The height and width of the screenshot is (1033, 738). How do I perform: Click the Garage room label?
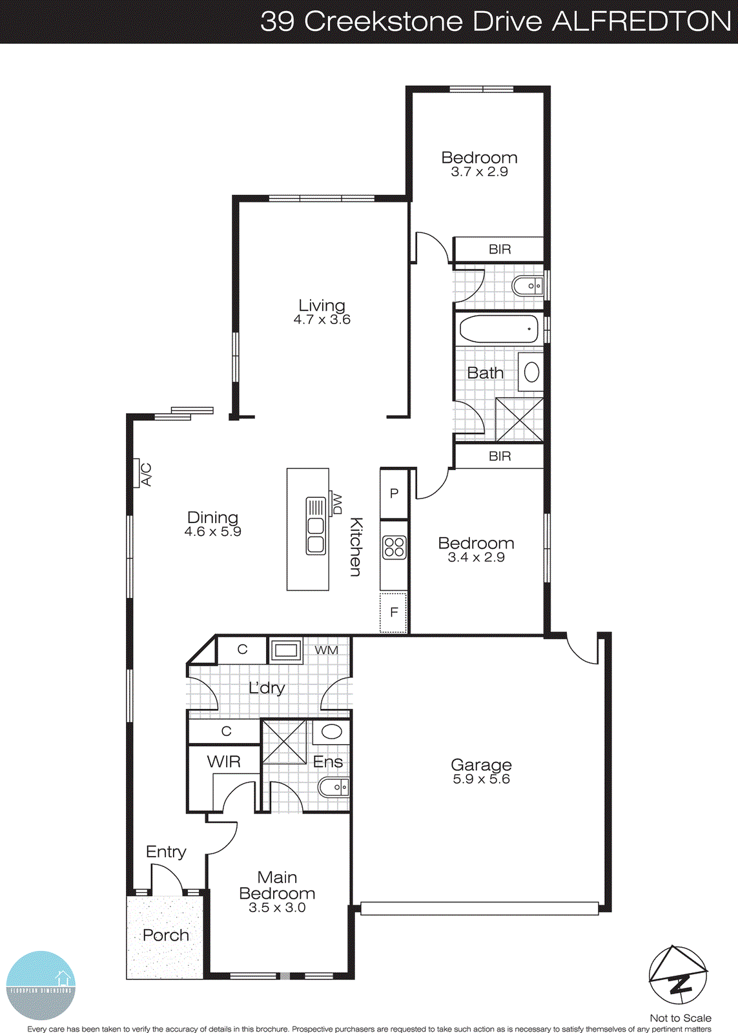coord(481,765)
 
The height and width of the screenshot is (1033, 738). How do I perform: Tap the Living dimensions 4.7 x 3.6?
coord(322,320)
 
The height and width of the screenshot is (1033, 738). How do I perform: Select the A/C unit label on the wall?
coord(146,475)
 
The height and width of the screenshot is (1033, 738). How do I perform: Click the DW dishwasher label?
coord(336,504)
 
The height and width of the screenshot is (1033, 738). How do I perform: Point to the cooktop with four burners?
coord(394,547)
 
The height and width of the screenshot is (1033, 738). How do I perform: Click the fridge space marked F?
coord(394,612)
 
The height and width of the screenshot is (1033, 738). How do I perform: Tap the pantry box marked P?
coord(394,493)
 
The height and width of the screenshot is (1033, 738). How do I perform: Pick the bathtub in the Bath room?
coord(498,329)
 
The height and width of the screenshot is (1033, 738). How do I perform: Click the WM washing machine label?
coord(326,650)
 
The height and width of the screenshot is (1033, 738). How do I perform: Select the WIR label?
coord(224,762)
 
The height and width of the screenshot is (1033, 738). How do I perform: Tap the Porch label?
coord(166,935)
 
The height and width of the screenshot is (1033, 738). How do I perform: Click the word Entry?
coord(166,852)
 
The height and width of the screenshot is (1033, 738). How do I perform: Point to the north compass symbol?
coord(678,975)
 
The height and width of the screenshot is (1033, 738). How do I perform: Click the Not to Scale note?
coord(681,1018)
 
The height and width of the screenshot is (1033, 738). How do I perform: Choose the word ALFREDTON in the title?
coord(642,21)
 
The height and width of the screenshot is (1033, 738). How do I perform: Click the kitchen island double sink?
coord(316,526)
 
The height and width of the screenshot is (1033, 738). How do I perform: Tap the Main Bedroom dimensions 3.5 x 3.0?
coord(277,908)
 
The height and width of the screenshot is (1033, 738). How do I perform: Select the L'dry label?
coord(267,688)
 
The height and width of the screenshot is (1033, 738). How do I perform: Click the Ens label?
coord(328,762)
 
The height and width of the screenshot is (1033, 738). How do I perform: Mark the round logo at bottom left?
coord(41,985)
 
